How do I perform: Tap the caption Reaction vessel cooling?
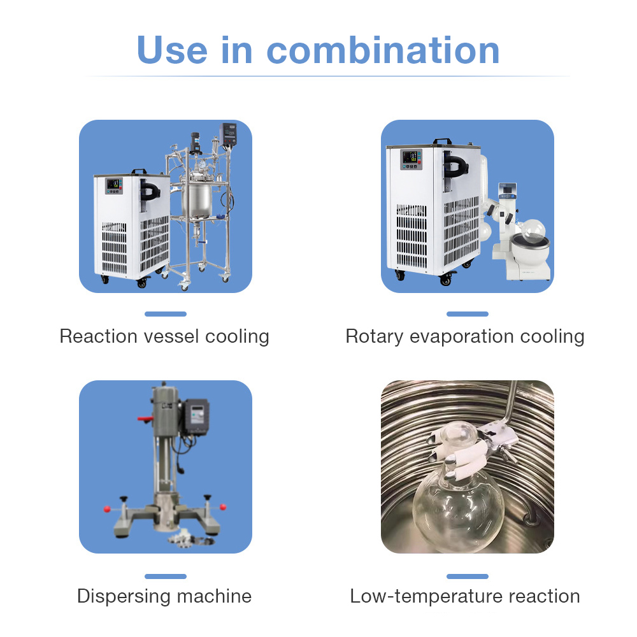coord(164,336)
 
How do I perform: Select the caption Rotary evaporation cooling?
coord(465,336)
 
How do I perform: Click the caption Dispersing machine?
coord(164,596)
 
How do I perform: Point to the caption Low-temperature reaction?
coord(465,596)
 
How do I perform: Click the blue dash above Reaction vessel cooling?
coord(166,314)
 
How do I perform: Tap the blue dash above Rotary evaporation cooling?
coord(467,314)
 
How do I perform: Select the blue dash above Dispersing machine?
coord(166,576)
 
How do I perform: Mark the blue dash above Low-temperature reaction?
coord(467,576)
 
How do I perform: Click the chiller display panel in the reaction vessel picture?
coord(114,185)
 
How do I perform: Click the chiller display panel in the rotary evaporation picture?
coord(411,159)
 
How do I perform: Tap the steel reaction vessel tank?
coord(197,198)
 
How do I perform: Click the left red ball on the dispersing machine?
coord(107,509)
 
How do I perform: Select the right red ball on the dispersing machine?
coord(223,506)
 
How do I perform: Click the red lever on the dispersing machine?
coord(145,419)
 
